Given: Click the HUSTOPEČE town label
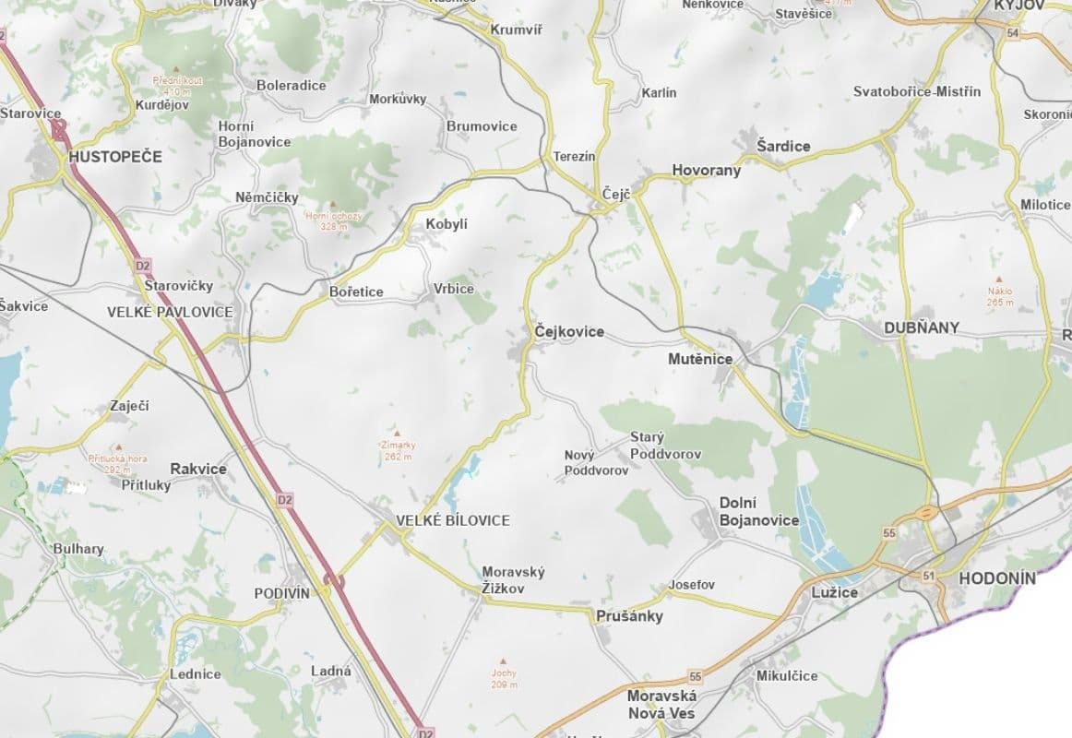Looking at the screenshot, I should (x=114, y=157).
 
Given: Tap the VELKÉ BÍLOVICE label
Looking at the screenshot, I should (x=452, y=520).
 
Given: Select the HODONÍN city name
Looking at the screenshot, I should (x=997, y=579).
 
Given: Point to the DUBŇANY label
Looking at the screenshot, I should (x=921, y=327).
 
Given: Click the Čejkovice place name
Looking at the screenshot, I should (x=569, y=331).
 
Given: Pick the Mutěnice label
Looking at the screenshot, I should (x=700, y=359).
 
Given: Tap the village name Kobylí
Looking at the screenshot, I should (x=447, y=224).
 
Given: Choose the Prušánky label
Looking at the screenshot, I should (x=629, y=616).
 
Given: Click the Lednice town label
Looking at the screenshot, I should (x=195, y=673).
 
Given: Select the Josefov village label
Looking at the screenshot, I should (x=691, y=585).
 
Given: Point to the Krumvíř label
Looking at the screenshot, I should (x=516, y=30).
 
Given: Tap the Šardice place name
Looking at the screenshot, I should (x=782, y=146).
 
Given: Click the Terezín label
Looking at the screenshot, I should (x=574, y=157).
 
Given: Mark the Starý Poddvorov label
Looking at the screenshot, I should (x=665, y=446).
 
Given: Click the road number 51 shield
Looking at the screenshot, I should (x=928, y=576).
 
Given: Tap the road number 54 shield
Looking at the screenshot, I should (x=1013, y=33).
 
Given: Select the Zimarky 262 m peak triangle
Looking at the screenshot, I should (x=398, y=432).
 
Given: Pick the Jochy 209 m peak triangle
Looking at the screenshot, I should (x=503, y=661).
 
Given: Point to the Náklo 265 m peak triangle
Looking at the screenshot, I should (x=999, y=279).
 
